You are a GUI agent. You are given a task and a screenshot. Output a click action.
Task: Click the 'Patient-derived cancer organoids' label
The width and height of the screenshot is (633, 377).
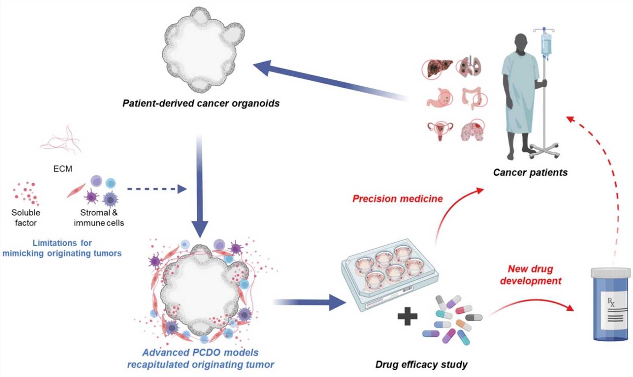201,103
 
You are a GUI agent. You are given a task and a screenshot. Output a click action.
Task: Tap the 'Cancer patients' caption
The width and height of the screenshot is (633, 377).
530,172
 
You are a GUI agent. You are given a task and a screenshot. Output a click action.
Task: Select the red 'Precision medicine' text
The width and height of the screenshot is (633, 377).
397,199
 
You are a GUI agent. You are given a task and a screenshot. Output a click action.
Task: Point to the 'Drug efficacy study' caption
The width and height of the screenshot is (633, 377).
421,365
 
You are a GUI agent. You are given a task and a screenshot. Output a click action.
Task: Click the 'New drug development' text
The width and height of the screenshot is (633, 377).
530,275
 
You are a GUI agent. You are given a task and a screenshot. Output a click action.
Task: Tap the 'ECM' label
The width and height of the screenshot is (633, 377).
63,169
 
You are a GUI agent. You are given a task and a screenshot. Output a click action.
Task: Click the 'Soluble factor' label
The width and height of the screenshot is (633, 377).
26,217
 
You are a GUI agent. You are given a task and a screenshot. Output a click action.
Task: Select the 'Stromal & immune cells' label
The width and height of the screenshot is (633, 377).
99,217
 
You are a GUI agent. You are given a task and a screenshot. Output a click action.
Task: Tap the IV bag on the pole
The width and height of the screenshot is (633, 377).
545,44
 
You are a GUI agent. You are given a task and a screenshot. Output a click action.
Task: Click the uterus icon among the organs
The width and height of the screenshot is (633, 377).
440,130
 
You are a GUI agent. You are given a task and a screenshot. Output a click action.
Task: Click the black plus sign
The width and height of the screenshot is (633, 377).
407,317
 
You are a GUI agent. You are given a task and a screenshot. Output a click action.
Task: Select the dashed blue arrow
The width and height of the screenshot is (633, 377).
157,189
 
